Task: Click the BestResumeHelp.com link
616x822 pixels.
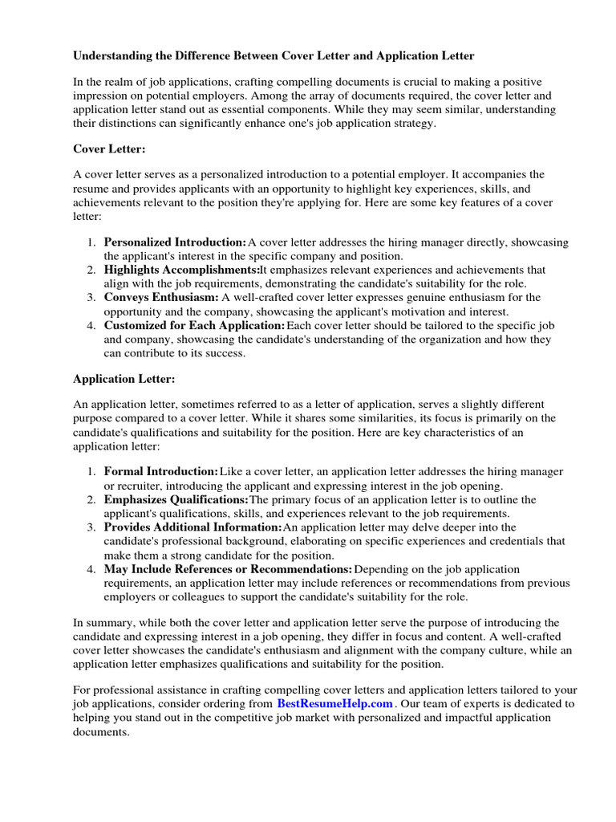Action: (x=335, y=703)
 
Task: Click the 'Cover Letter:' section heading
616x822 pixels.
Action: (x=110, y=149)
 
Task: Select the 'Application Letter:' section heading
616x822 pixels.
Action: (x=124, y=378)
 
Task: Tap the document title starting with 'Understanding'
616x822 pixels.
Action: (x=274, y=56)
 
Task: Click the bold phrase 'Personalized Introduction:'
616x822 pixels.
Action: (x=175, y=242)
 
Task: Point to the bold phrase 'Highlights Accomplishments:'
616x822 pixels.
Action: (x=181, y=270)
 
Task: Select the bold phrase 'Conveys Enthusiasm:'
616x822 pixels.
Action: (x=161, y=297)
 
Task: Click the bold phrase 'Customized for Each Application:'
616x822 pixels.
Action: (x=194, y=325)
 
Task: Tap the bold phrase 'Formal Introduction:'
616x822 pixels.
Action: (x=160, y=472)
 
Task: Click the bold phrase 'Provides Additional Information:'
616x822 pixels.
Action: (x=192, y=527)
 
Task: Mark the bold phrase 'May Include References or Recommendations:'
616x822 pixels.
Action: (x=228, y=569)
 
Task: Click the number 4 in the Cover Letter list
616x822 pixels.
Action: (x=91, y=325)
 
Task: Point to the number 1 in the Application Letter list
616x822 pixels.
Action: (x=91, y=472)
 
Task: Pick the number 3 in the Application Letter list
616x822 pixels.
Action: (x=91, y=527)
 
